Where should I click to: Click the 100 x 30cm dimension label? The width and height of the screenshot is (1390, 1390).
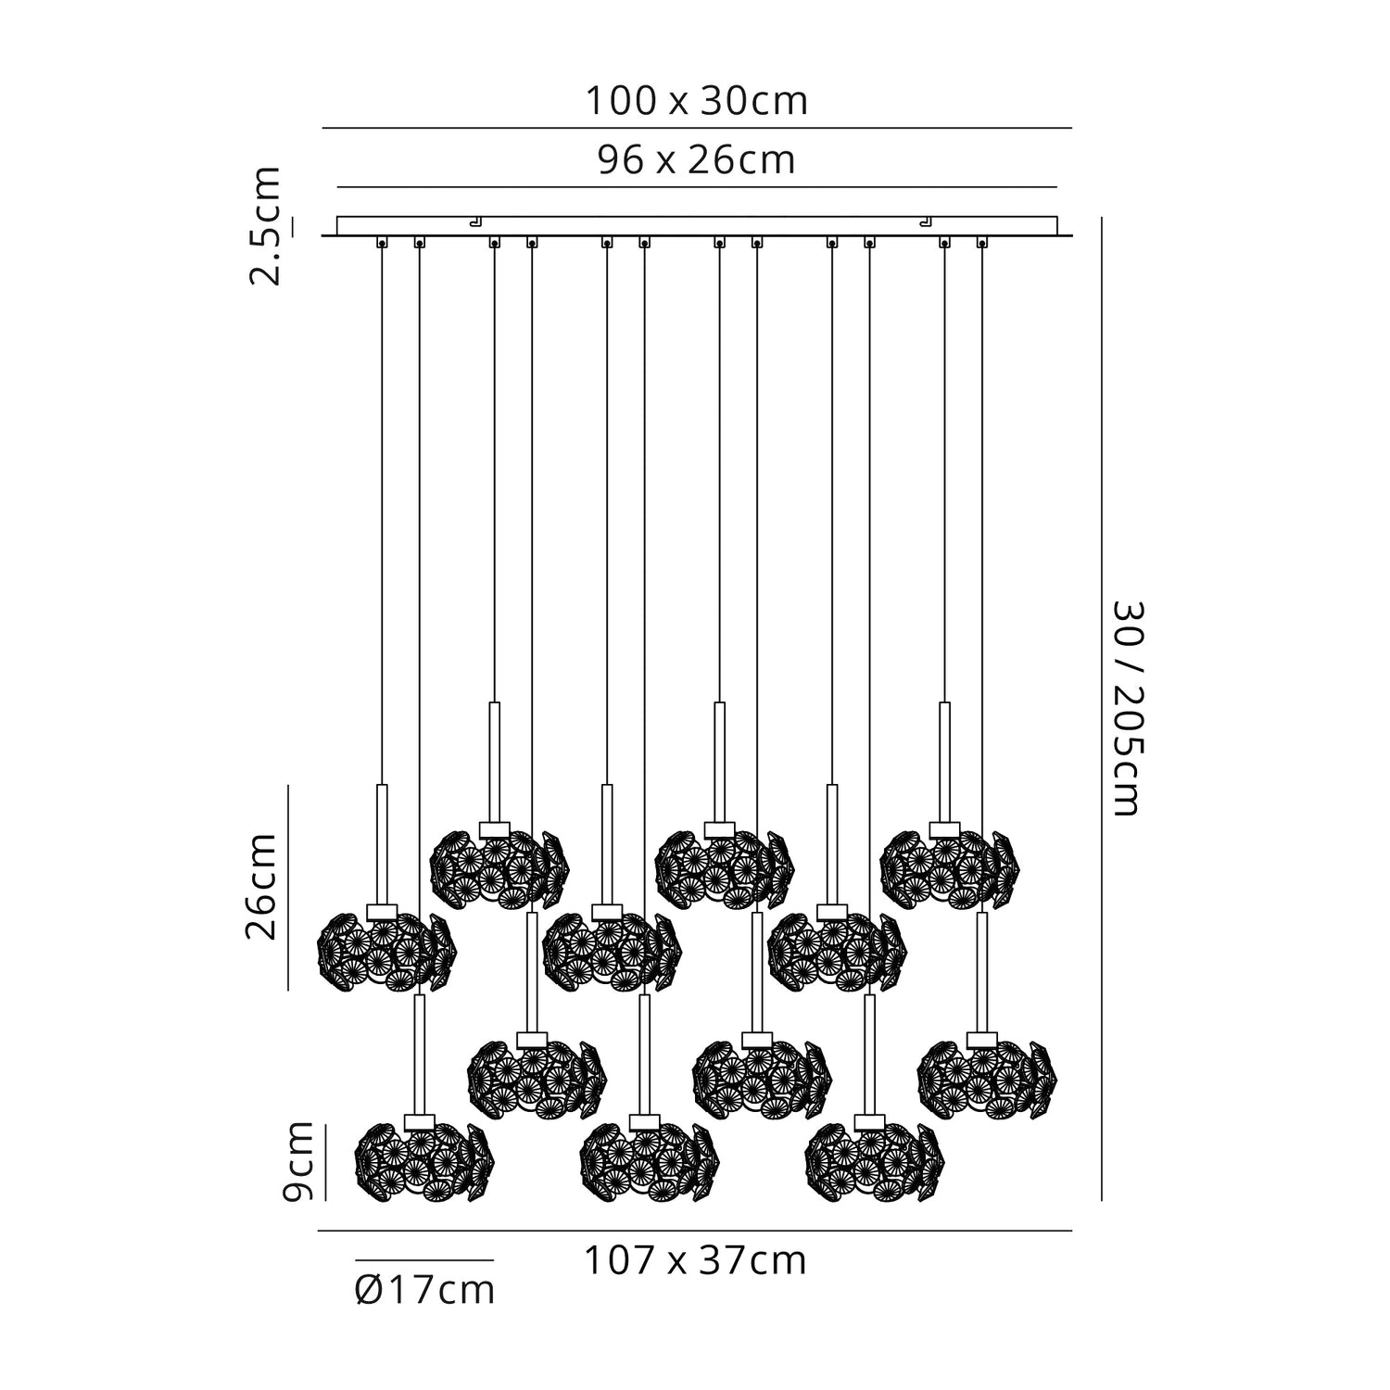tap(696, 101)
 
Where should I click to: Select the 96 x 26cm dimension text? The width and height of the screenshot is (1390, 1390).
tap(696, 160)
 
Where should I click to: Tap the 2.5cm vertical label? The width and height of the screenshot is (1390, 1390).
tap(265, 226)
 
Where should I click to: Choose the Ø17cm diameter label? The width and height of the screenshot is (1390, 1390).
tap(424, 1291)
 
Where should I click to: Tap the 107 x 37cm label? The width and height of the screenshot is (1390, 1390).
tap(695, 1261)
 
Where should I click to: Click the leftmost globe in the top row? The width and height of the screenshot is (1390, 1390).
tap(499, 867)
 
